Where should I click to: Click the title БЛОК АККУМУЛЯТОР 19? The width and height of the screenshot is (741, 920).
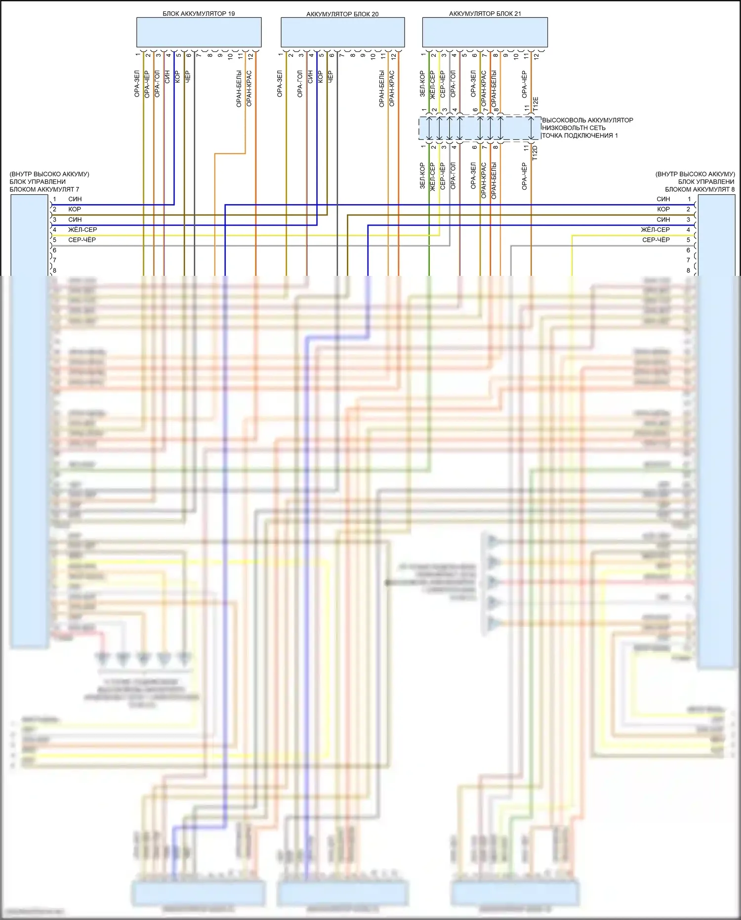click(199, 14)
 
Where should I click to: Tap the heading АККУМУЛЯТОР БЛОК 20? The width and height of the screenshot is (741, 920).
click(342, 14)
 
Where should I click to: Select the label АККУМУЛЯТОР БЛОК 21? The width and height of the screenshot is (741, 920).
click(485, 14)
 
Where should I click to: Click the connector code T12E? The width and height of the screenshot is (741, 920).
click(536, 103)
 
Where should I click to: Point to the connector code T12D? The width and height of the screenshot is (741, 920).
click(535, 152)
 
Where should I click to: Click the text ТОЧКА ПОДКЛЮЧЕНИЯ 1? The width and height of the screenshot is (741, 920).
click(579, 135)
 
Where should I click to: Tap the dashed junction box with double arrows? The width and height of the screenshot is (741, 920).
click(480, 128)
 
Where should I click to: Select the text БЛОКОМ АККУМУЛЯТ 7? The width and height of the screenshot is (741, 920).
click(44, 189)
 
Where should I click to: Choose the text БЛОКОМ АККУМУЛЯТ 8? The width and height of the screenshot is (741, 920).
click(700, 189)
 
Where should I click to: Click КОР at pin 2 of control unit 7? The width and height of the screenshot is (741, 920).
click(75, 209)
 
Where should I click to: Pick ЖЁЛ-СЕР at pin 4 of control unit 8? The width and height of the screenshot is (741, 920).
click(655, 230)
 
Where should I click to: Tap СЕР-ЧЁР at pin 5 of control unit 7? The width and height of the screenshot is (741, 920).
click(82, 240)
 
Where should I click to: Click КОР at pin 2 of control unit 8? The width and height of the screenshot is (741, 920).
click(663, 209)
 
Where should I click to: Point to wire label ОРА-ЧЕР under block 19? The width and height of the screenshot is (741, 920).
click(147, 84)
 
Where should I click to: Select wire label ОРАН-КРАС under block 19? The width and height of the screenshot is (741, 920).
click(249, 88)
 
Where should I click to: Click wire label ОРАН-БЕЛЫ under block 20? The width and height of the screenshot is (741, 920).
click(382, 88)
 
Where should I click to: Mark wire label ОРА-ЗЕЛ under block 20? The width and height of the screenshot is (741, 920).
click(280, 84)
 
